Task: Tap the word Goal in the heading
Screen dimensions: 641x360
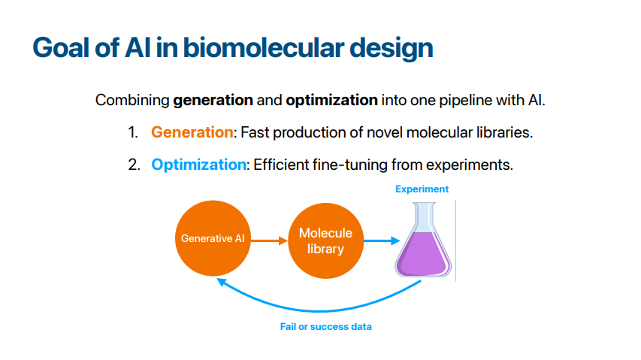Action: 61,47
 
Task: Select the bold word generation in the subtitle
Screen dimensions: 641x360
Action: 213,100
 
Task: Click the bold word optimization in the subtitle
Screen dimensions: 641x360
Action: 331,100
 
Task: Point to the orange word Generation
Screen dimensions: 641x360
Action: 192,132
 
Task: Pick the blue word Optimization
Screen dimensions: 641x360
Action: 198,165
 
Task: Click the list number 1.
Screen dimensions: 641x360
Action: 133,132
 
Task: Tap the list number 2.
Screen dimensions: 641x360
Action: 134,165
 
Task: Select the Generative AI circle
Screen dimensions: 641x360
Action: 213,238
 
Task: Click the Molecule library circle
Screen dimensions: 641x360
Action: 326,241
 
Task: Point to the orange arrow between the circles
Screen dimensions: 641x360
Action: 269,241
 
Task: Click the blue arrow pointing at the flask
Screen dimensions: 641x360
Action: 382,241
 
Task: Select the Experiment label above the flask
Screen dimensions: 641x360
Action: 422,189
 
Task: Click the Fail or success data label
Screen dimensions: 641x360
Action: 326,326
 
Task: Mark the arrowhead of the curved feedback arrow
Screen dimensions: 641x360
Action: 221,282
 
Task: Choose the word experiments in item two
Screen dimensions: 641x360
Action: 470,165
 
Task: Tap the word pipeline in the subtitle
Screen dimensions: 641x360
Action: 465,101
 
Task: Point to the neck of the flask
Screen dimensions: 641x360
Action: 424,217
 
